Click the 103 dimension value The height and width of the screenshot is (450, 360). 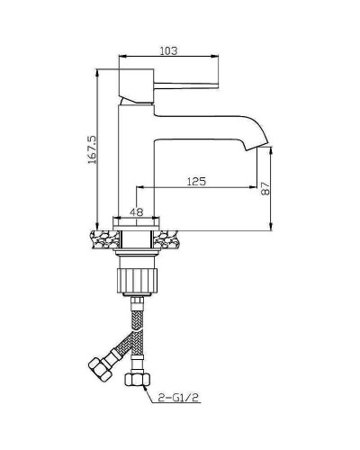(168, 50)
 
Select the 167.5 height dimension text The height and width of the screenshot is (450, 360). (92, 149)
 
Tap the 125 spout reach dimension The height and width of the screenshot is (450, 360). (196, 181)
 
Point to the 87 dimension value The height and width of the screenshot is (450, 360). (265, 189)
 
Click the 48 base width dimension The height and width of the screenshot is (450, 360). (136, 211)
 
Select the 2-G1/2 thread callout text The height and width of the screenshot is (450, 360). (179, 398)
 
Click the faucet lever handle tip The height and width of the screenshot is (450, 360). (217, 85)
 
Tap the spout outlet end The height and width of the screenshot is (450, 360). (256, 147)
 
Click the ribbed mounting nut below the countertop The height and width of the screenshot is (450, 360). (137, 281)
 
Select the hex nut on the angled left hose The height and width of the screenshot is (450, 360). (99, 369)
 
